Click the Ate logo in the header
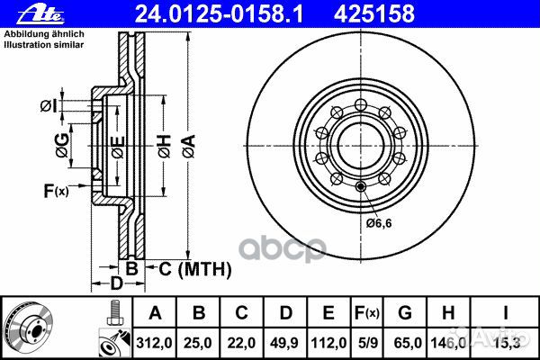40,13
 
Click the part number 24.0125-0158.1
219,13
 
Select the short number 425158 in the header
374,13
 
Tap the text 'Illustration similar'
44,44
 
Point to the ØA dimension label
189,146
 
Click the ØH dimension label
165,146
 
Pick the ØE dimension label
117,147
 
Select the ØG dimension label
62,146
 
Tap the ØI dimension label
48,106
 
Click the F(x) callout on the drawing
56,191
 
